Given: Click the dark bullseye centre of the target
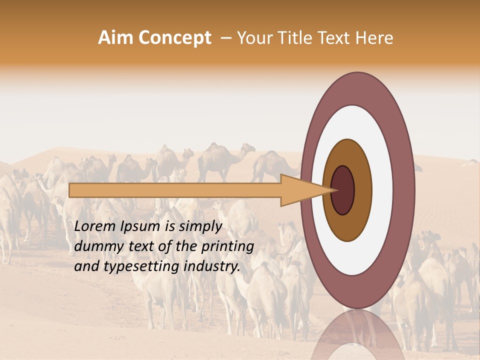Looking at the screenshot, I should click(343, 190).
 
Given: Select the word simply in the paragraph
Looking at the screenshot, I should click(199, 227).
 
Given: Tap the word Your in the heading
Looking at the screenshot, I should click(253, 38).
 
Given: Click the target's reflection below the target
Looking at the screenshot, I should click(357, 335).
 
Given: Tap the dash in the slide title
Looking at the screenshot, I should click(225, 38).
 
